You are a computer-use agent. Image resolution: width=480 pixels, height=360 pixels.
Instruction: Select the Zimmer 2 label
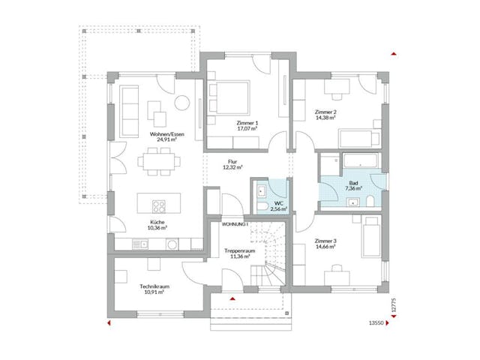[325, 112]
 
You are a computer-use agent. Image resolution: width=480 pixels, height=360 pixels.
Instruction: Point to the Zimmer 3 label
[325, 241]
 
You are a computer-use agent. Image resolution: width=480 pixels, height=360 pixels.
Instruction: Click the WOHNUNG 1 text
[235, 224]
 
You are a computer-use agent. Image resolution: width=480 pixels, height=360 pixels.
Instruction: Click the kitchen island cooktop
[159, 204]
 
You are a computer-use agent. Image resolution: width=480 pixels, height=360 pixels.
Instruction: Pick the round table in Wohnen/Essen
[182, 103]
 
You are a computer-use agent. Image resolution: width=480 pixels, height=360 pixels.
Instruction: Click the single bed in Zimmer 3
[371, 238]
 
